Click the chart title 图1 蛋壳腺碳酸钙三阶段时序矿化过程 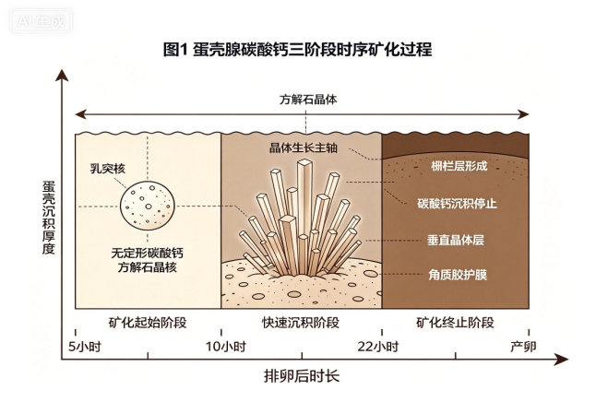(298, 50)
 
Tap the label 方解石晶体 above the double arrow (308, 100)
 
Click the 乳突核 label (108, 169)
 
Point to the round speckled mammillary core (148, 206)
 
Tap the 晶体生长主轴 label (304, 148)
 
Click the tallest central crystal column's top (305, 162)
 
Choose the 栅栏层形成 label (459, 166)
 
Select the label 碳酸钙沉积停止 (457, 204)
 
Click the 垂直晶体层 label (456, 240)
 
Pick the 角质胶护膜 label (458, 275)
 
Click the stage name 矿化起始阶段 (148, 323)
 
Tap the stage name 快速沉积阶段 (301, 323)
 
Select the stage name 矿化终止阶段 (455, 323)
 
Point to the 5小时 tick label (84, 347)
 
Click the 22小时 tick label (378, 347)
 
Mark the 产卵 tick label (523, 347)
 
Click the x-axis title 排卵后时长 (302, 376)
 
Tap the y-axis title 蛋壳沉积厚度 (49, 218)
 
